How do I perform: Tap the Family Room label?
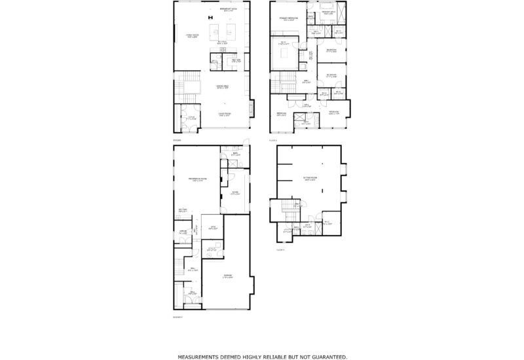click(192, 37)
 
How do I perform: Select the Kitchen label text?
click(222, 45)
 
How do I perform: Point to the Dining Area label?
click(223, 86)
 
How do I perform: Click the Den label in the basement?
click(212, 227)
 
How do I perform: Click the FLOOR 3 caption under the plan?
click(281, 249)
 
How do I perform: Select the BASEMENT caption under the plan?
click(178, 317)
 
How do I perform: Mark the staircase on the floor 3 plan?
click(286, 210)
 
